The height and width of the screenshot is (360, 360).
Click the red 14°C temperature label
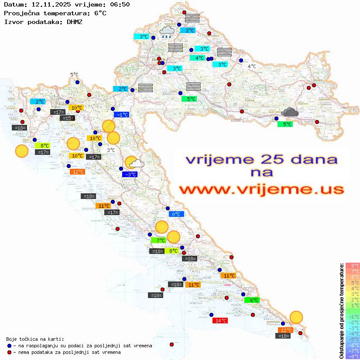click(x=220, y=321)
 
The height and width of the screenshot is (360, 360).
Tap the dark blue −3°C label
click(x=130, y=175)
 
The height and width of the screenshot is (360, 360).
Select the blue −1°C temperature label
click(x=121, y=115)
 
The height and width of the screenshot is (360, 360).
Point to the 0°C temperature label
click(x=176, y=214)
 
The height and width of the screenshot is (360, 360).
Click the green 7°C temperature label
click(x=158, y=240)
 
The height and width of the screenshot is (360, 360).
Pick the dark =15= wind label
click(x=68, y=118)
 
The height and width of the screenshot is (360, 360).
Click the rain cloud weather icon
click(x=166, y=31)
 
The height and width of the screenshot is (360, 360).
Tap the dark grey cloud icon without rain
click(x=290, y=113)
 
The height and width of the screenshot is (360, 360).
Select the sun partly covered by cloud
click(x=135, y=163)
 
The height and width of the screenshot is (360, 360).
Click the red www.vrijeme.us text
click(x=261, y=190)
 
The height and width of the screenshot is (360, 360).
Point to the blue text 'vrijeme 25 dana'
click(x=261, y=159)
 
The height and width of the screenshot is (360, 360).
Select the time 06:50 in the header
click(x=119, y=4)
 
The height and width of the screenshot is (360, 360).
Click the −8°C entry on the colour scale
click(x=352, y=356)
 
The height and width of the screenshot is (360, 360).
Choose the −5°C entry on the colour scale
click(x=352, y=339)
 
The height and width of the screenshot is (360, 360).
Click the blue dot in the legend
click(x=9, y=346)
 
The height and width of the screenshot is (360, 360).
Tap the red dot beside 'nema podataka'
click(x=9, y=352)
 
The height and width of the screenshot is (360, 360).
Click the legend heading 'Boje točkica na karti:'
click(x=35, y=339)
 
